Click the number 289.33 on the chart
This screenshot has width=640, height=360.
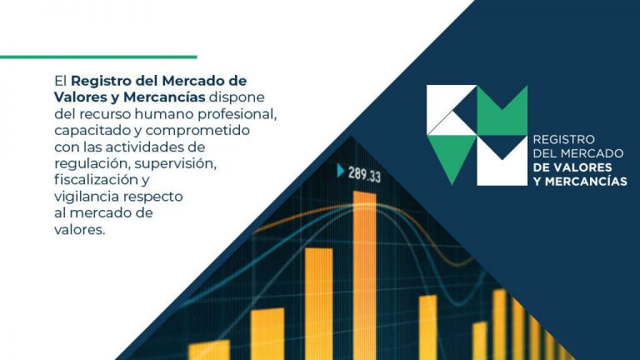click(364, 174)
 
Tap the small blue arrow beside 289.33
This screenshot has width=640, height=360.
click(340, 170)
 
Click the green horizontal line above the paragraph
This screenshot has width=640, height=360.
click(98, 57)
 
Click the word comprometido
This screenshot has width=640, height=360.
click(197, 131)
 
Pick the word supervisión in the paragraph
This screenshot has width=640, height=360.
click(176, 163)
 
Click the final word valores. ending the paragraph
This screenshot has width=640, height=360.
click(80, 229)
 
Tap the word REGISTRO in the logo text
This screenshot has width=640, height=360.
click(563, 140)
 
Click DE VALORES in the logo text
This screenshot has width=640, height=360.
click(572, 167)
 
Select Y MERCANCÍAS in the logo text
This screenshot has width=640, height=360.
click(580, 181)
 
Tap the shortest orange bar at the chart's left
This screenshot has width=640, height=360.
click(209, 350)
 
